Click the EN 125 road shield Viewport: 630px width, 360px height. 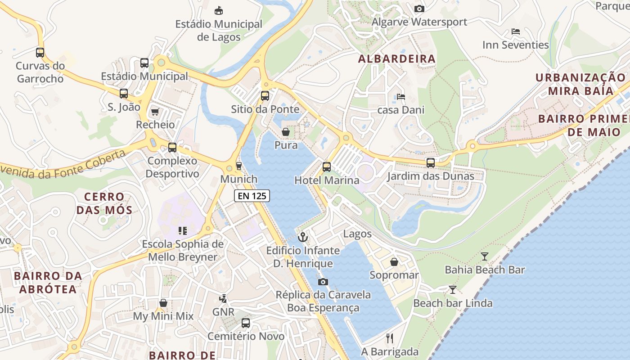(x=252, y=196)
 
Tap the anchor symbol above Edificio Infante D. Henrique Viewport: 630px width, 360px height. (x=303, y=237)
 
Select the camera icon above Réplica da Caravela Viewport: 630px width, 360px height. (x=323, y=282)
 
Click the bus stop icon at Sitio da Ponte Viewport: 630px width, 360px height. (x=265, y=96)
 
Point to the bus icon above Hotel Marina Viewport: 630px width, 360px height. (x=327, y=167)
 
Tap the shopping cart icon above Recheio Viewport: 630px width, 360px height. (x=155, y=112)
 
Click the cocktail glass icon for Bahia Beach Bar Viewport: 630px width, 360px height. (x=485, y=256)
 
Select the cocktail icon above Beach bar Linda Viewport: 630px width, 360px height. (x=453, y=290)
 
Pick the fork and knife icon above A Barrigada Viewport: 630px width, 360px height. (x=390, y=338)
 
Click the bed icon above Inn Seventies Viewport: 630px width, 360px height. (x=516, y=31)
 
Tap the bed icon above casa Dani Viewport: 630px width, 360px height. (x=400, y=96)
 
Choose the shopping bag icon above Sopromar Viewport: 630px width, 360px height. (x=394, y=261)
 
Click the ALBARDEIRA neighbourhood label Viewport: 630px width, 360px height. (x=397, y=59)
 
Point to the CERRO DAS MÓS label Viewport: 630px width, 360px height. (x=104, y=203)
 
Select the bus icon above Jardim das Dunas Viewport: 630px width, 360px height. (x=431, y=162)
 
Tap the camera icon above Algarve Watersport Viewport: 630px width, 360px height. (x=419, y=9)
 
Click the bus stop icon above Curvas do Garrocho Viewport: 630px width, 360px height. (x=40, y=52)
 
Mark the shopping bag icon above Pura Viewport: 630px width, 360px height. (x=286, y=132)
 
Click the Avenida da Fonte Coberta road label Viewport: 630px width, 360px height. (x=63, y=166)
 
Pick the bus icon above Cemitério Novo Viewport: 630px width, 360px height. (x=246, y=323)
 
